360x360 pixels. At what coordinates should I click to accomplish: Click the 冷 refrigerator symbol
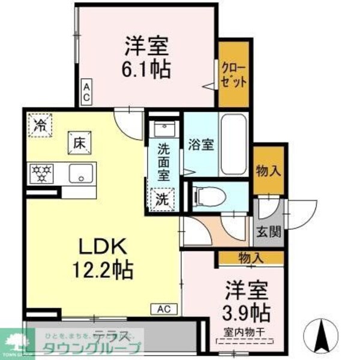(x=41, y=125)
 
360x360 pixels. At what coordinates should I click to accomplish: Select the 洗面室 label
(x=163, y=160)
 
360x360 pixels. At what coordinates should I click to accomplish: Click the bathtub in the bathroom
(x=234, y=145)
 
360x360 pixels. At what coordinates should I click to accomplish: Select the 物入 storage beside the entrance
(x=268, y=171)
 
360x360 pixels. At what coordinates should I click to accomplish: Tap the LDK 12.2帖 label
(x=103, y=256)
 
